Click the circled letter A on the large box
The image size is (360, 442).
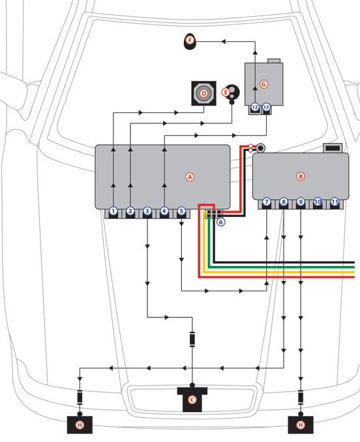click(x=190, y=177)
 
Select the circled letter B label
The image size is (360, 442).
click(x=301, y=176)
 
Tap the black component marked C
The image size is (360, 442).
click(x=192, y=399)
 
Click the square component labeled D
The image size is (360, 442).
click(x=203, y=93)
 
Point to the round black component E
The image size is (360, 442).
click(x=232, y=93)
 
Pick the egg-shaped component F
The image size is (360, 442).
click(x=190, y=42)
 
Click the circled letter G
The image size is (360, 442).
click(x=263, y=84)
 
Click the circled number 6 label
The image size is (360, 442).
click(x=220, y=222)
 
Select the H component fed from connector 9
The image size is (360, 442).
click(x=301, y=424)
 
